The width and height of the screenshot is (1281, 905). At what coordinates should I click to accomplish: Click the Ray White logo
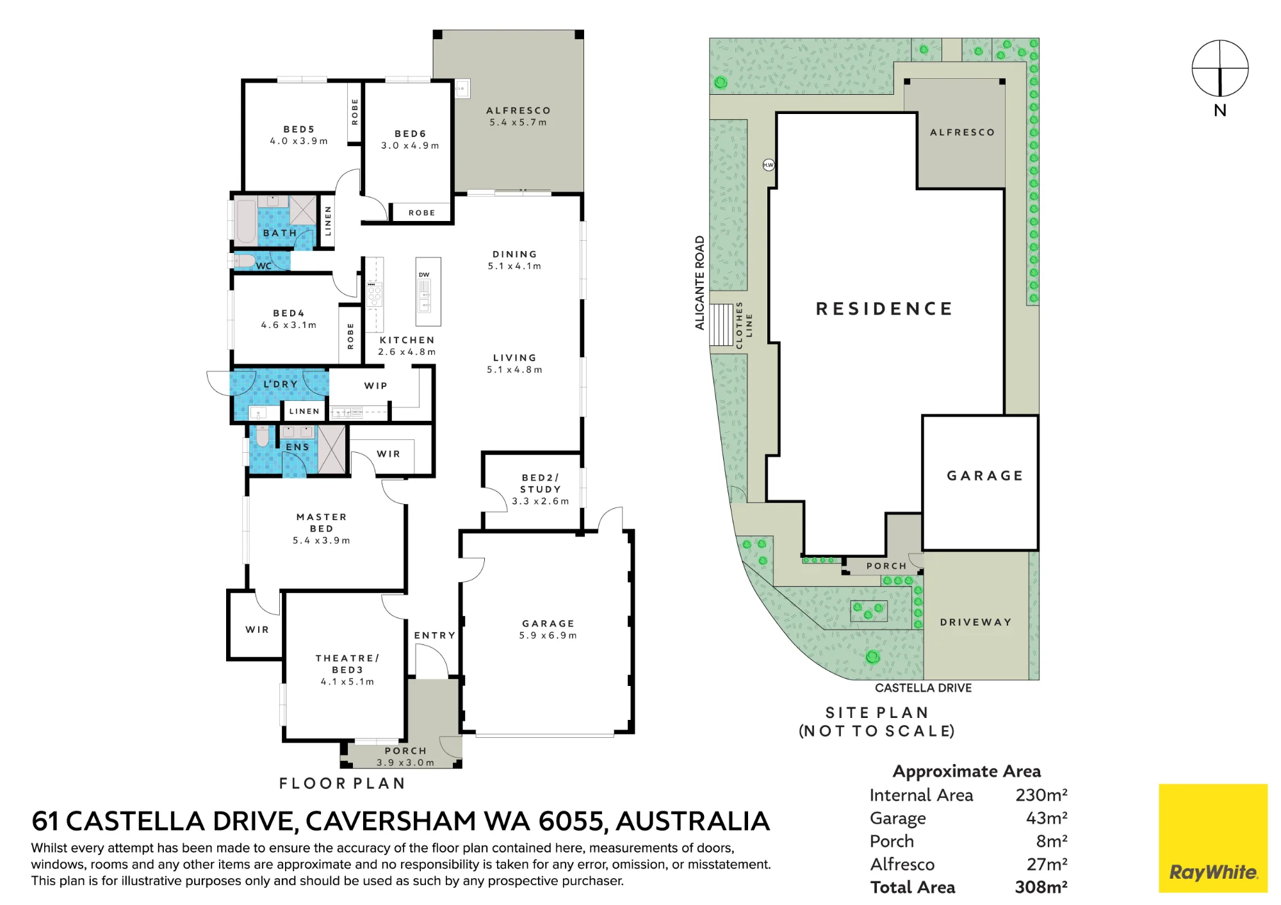click(1213, 838)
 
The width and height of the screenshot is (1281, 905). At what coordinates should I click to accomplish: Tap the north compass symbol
click(1220, 69)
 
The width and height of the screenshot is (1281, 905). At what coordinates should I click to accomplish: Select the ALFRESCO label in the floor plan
click(518, 111)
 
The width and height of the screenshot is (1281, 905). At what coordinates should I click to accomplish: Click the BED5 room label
click(299, 129)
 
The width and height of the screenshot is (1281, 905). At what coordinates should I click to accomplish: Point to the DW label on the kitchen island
click(424, 275)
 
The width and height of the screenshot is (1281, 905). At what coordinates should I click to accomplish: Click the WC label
click(264, 266)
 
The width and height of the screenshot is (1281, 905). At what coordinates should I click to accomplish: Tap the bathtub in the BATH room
click(246, 222)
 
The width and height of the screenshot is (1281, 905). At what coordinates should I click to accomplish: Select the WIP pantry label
click(376, 386)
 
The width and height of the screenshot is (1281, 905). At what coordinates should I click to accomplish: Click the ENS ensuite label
click(297, 447)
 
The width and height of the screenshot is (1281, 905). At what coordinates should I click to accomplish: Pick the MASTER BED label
click(322, 523)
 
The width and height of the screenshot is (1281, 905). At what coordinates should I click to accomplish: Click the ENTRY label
click(435, 635)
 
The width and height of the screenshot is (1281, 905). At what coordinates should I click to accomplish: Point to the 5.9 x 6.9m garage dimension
click(548, 635)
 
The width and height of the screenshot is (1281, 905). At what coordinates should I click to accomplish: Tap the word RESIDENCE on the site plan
click(885, 309)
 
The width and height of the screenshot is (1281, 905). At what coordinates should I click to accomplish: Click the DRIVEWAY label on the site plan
click(976, 622)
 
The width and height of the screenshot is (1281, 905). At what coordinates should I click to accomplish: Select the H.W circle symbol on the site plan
click(769, 165)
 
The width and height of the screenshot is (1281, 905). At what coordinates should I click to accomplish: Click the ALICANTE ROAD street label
click(700, 282)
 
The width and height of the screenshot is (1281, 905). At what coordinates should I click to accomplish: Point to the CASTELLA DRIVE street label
click(924, 688)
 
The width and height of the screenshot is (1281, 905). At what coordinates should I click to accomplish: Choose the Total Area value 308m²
click(1041, 887)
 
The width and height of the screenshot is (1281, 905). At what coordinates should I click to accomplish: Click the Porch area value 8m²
click(1051, 841)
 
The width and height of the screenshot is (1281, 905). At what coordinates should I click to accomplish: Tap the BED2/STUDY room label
click(541, 484)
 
